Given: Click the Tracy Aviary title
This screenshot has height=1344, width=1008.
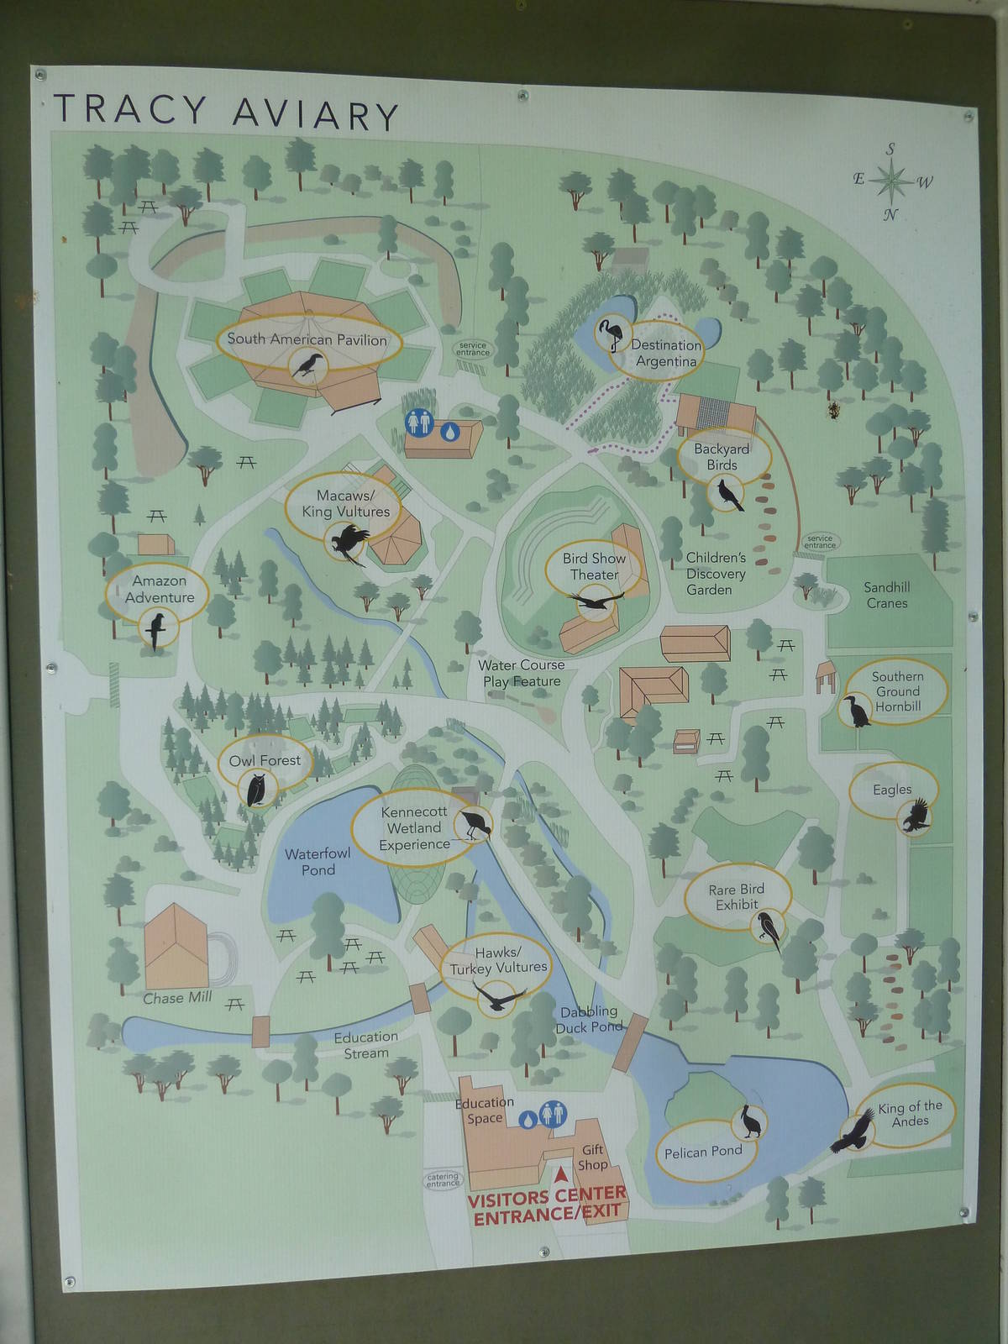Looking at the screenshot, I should [225, 112].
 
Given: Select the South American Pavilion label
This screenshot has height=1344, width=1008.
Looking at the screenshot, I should [307, 339].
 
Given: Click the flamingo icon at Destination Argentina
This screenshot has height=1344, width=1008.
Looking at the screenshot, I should [610, 335].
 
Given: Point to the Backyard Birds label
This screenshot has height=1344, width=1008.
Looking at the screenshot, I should [722, 457].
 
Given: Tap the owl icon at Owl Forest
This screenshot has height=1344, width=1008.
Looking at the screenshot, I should [257, 790].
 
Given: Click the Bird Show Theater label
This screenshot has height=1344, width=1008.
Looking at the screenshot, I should [595, 566].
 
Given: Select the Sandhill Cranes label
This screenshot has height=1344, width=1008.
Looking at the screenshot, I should [887, 595].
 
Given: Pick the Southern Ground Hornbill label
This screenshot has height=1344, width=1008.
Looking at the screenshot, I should [898, 691].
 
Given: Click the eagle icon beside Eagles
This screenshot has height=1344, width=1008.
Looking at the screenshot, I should [916, 816].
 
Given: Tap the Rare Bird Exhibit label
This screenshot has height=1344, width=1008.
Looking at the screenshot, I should [737, 897].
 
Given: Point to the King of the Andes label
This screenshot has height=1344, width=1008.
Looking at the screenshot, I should [911, 1114].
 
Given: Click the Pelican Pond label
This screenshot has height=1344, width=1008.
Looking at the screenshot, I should [703, 1151].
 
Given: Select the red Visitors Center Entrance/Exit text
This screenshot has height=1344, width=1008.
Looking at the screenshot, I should [547, 1205].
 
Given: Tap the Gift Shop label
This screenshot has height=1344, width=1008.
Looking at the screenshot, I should [592, 1158].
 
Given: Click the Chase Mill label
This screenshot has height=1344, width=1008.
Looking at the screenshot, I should [177, 998].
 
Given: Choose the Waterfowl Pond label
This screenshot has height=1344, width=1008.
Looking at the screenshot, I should [318, 862].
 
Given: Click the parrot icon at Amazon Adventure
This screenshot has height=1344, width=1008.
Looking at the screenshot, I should [156, 630].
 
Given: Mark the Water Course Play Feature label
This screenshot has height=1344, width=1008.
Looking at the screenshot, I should [522, 673].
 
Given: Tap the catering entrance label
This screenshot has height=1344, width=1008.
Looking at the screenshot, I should [443, 1180].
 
